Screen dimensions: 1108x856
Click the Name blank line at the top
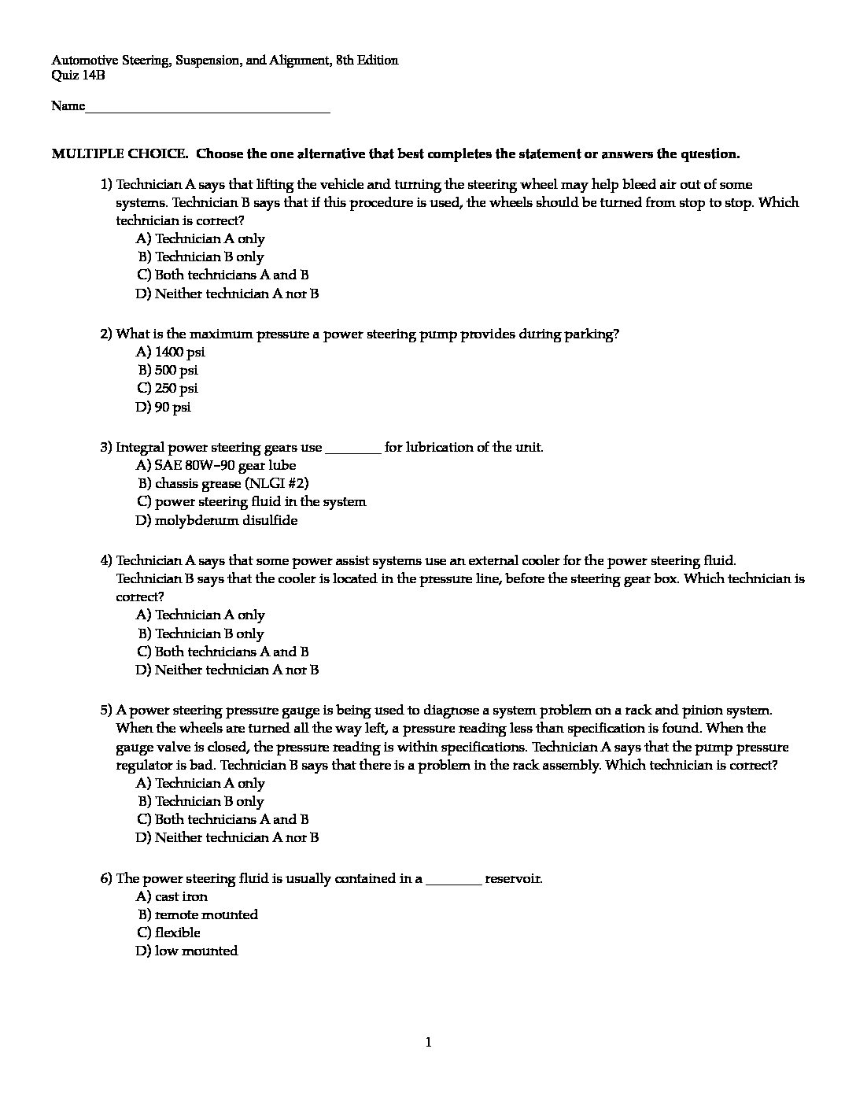pyautogui.click(x=208, y=108)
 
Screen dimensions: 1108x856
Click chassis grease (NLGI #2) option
pyautogui.click(x=226, y=483)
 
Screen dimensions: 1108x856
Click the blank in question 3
pyautogui.click(x=352, y=449)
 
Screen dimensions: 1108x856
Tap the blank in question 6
pyautogui.click(x=453, y=880)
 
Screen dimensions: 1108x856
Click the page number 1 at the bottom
pyautogui.click(x=428, y=1043)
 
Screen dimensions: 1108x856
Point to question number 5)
pyautogui.click(x=106, y=710)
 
